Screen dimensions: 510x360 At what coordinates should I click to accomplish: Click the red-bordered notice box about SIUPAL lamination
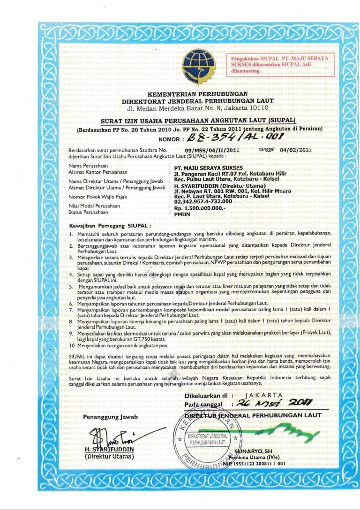point(280,64)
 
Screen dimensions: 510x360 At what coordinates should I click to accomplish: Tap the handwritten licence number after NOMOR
point(226,138)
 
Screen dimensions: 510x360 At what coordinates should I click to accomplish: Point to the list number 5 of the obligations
point(70,286)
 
